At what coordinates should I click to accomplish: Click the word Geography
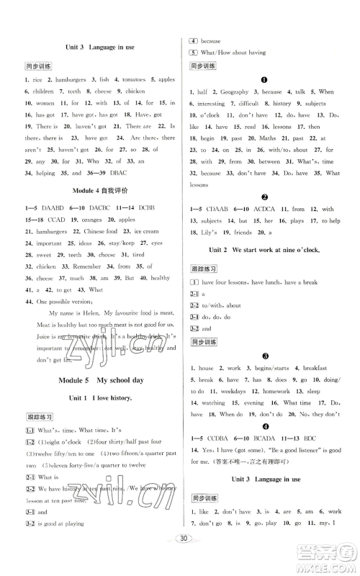[x=235, y=92]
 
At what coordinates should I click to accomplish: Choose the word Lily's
[x=217, y=233]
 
